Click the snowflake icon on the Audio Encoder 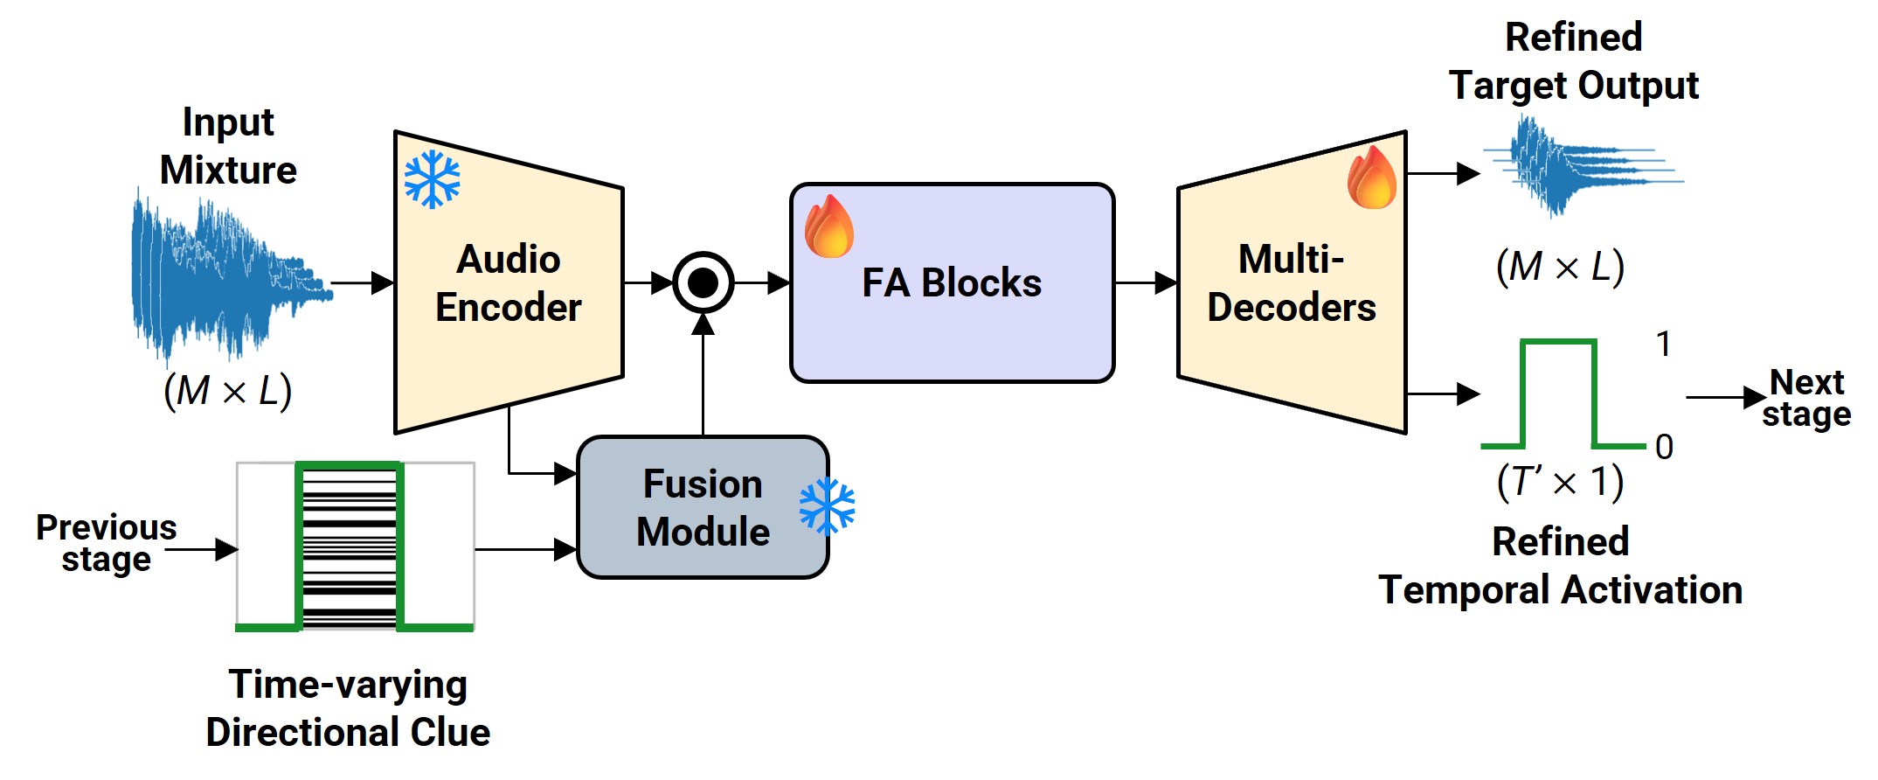[432, 180]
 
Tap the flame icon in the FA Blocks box [828, 226]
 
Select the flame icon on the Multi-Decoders [1372, 177]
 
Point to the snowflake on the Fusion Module [827, 506]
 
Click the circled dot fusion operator [703, 282]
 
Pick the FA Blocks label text [952, 282]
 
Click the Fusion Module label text [703, 507]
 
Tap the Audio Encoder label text [509, 282]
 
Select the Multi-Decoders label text [1292, 282]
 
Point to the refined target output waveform [1583, 166]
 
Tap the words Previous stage [107, 543]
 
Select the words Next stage [1806, 398]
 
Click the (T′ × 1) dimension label [1561, 482]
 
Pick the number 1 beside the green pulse [1664, 344]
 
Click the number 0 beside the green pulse [1664, 447]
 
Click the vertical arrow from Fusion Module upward [703, 375]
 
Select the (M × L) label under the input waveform [228, 390]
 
